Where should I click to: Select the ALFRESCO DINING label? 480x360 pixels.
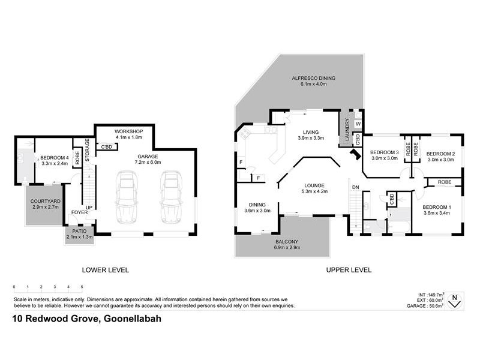pos(313,79)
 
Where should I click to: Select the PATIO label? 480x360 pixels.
pos(80,231)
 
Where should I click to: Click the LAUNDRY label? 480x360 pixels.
pos(346,127)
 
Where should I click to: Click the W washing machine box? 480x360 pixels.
pos(358,124)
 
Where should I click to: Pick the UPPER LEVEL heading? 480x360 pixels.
pos(349,270)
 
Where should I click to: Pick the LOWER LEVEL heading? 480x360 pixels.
pos(106,270)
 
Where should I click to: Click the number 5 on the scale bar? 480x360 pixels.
pos(82,287)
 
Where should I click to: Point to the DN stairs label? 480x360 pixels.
pos(355,188)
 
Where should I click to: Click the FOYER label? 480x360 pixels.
pos(80,212)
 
